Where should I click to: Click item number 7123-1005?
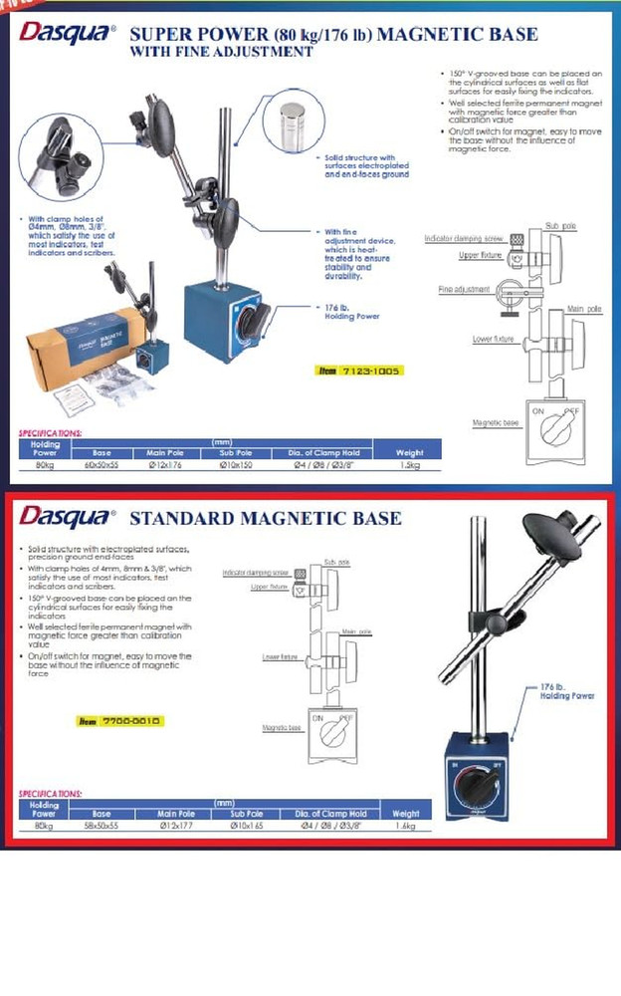358,371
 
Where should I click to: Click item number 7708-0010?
119,721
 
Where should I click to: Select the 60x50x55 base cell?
102,464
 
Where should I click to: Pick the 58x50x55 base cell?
102,826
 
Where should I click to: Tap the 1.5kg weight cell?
410,464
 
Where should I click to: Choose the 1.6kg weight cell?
406,826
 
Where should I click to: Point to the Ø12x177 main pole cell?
175,826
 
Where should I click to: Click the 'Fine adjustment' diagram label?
464,289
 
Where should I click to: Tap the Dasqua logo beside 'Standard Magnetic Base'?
68,518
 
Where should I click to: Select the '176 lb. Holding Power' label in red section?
566,691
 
